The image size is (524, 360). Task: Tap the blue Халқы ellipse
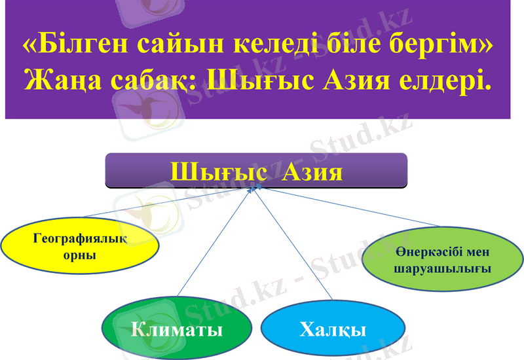click(332, 329)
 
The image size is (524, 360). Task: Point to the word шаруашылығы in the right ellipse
click(443, 269)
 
